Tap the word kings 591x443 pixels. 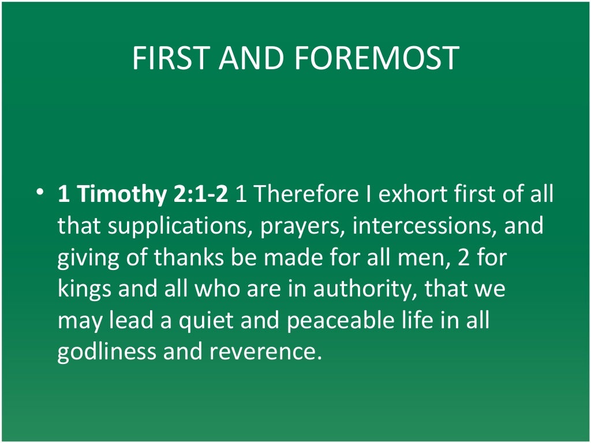(85, 289)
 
